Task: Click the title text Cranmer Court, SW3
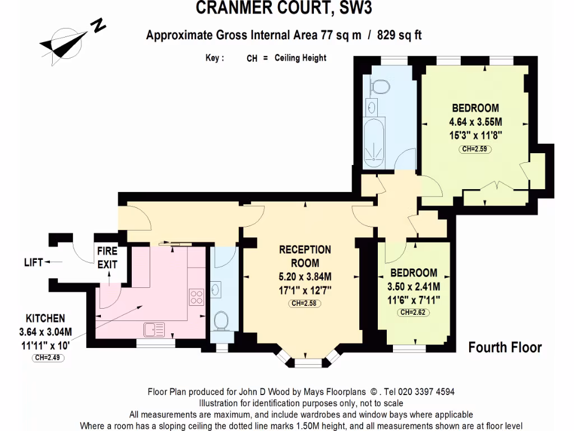(x=284, y=8)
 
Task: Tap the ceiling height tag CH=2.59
(x=476, y=149)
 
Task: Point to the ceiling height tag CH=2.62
(x=414, y=313)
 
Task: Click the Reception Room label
(x=305, y=256)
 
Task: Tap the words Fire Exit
(x=107, y=258)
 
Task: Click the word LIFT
(x=33, y=262)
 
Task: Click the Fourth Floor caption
(x=504, y=347)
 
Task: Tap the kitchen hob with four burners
(x=196, y=295)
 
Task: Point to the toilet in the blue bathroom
(x=381, y=86)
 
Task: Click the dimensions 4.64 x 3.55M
(x=475, y=122)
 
